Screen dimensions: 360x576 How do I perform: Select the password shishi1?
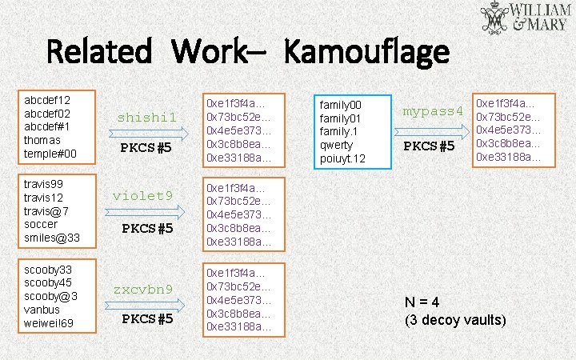[x=146, y=118]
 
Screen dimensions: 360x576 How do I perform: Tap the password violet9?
[x=143, y=195]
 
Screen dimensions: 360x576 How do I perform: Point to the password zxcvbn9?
[x=143, y=289]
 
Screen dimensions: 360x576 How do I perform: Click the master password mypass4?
[x=433, y=110]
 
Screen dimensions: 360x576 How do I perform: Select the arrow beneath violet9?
[x=146, y=212]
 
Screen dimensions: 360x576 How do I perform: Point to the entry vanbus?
[x=43, y=310]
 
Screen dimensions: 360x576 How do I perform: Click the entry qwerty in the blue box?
[x=337, y=146]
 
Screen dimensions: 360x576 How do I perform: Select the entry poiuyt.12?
[x=342, y=158]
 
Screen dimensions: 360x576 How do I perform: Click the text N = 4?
[x=422, y=302]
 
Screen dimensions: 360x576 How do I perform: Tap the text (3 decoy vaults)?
[x=455, y=320]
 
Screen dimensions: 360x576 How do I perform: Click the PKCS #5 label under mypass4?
[x=429, y=146]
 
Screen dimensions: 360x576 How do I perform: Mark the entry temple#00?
[x=50, y=153]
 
